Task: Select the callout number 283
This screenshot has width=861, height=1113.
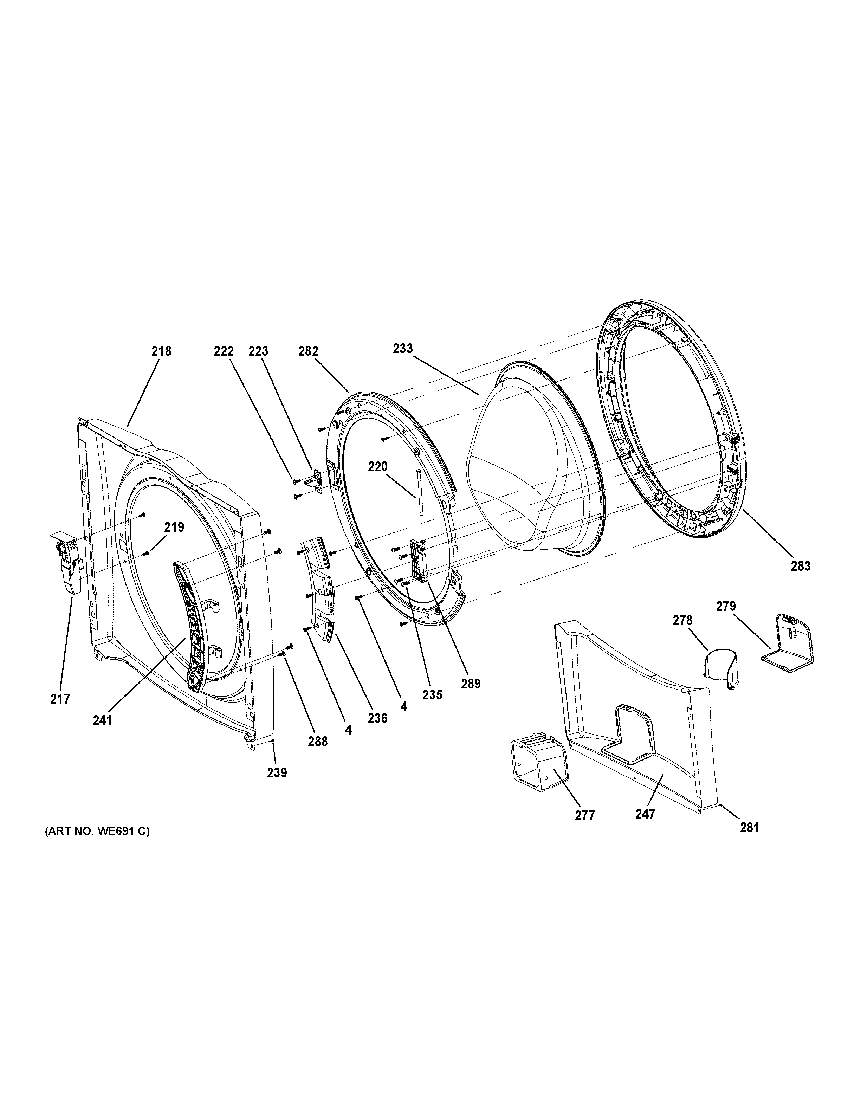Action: (800, 566)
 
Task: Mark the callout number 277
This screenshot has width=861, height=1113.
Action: (585, 816)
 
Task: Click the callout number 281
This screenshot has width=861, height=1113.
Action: (750, 828)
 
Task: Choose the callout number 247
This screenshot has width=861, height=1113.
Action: (645, 814)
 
